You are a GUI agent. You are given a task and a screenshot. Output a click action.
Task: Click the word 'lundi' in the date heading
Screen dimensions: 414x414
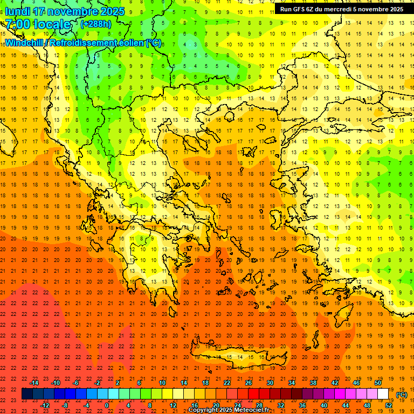pos(17,11)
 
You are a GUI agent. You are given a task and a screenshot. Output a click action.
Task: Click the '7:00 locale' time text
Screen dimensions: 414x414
pos(38,24)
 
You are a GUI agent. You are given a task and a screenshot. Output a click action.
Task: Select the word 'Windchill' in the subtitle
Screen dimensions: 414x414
pos(24,43)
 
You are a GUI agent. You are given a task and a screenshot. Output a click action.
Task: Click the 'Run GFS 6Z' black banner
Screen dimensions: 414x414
pos(341,9)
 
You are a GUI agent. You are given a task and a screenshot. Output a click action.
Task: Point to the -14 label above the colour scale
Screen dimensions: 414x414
pos(35,383)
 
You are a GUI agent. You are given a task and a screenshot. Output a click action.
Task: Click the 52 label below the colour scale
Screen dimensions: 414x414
pos(389,405)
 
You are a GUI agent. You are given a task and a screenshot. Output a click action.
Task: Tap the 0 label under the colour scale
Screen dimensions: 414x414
pos(107,405)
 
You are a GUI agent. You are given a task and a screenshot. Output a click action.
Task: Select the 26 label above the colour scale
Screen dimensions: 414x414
pos(249,383)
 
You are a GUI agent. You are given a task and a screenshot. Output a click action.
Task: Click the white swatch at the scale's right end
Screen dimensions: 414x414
pos(383,394)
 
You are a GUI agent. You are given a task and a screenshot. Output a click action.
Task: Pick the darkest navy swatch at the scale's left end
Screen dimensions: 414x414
pos(27,394)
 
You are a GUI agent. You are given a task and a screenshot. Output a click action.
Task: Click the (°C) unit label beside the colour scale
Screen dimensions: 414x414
pos(402,395)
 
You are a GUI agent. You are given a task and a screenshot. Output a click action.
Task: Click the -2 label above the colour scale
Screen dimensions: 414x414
pos(98,383)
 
